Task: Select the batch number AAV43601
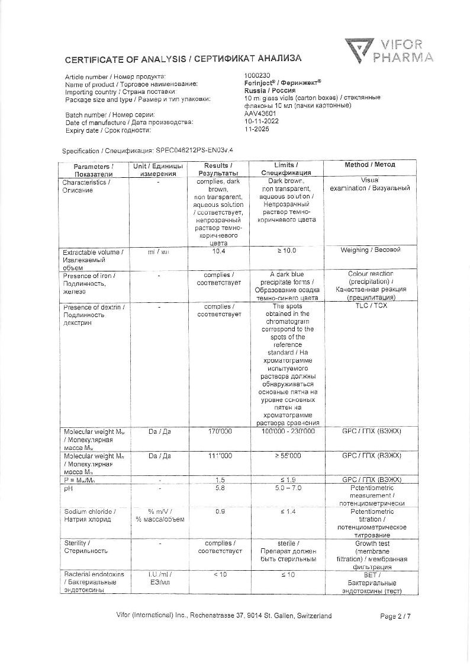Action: point(260,114)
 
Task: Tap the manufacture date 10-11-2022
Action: point(262,122)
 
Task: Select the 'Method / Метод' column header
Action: point(370,165)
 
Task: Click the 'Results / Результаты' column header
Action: point(218,169)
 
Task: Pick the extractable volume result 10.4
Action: point(218,251)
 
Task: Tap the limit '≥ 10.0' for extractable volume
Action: point(286,251)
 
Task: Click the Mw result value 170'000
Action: point(218,431)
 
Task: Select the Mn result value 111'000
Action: point(218,456)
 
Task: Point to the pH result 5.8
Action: point(218,488)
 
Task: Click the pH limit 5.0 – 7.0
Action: point(286,488)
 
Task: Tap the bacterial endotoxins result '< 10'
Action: point(218,575)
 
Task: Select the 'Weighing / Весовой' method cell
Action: point(370,250)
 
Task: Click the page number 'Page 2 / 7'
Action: point(395,616)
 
